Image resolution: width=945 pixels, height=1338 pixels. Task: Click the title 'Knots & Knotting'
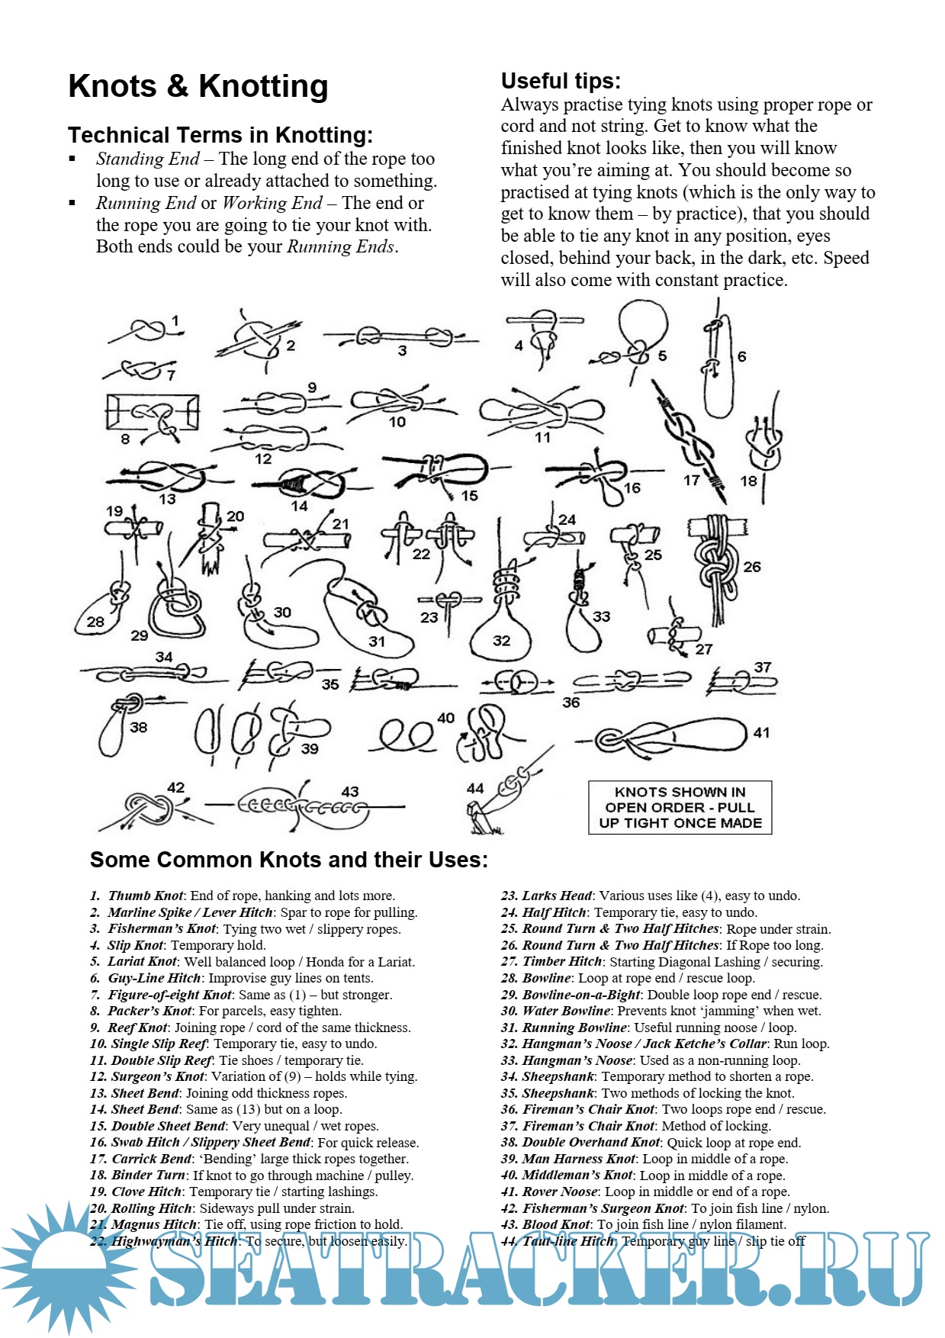(x=198, y=86)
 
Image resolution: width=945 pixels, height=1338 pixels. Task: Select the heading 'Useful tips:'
(x=561, y=81)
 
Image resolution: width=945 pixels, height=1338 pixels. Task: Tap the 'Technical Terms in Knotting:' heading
(x=220, y=135)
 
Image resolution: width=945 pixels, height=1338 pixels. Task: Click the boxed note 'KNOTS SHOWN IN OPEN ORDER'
(x=680, y=807)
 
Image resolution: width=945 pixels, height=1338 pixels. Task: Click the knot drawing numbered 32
(x=500, y=618)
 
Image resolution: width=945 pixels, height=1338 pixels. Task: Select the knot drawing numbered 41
(x=671, y=736)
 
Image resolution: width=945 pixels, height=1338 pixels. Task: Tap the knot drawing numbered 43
(x=305, y=806)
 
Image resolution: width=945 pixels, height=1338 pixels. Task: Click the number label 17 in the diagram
(x=691, y=480)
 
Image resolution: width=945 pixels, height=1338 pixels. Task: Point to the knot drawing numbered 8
(x=153, y=416)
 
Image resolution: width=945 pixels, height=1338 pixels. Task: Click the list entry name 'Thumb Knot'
(x=146, y=896)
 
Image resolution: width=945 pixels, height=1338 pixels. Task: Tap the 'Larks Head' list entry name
(x=557, y=896)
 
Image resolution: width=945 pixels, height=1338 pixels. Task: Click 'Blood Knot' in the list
(x=556, y=1224)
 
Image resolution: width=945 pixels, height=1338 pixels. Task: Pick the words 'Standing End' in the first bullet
(x=147, y=159)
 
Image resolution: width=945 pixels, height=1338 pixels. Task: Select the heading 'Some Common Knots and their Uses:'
(x=289, y=860)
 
